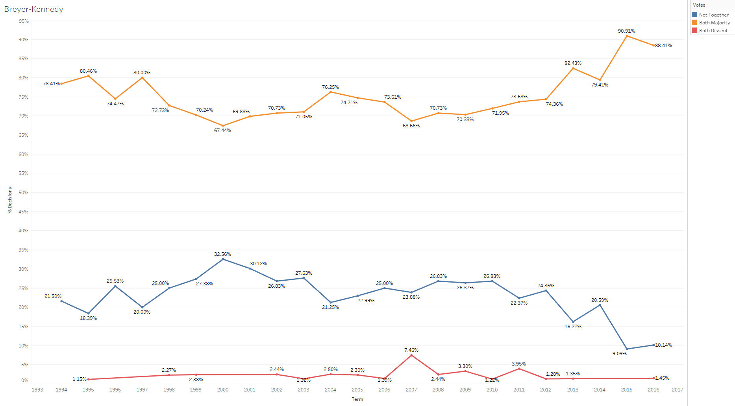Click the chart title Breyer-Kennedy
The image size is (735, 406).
click(33, 9)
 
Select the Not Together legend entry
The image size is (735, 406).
click(713, 15)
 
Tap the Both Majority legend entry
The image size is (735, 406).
click(714, 23)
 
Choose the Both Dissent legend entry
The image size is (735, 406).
click(713, 31)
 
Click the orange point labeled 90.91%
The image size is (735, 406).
click(627, 36)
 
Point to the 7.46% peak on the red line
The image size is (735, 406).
click(411, 355)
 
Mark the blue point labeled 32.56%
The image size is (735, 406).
click(223, 259)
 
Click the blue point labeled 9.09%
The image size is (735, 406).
click(627, 349)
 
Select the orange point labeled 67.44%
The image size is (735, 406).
click(223, 126)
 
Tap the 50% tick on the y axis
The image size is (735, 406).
click(24, 193)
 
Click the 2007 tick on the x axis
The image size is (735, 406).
click(411, 390)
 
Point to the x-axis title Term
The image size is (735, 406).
click(357, 399)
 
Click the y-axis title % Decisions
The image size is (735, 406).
click(10, 200)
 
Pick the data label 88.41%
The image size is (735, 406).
click(663, 46)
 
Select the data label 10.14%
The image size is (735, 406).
click(663, 345)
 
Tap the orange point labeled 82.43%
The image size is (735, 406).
click(573, 68)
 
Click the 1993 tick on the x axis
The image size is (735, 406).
click(37, 390)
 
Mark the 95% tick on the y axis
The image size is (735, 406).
click(24, 21)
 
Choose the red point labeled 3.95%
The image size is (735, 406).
click(519, 369)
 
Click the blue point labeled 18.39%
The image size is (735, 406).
click(88, 314)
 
